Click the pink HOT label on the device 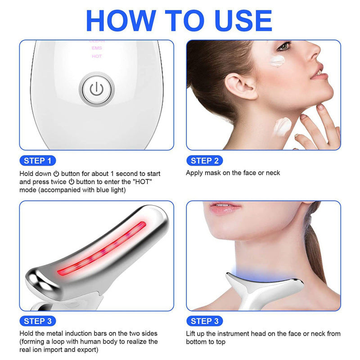pos(97,56)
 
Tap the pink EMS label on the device pos(97,48)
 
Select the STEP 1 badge pos(38,161)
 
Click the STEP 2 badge pos(205,161)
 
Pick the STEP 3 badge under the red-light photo pos(38,321)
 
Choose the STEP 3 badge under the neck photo pos(205,321)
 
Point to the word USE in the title pos(243,20)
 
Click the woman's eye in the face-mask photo pos(284,46)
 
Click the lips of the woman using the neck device pos(225,207)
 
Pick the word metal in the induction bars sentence pos(58,333)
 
